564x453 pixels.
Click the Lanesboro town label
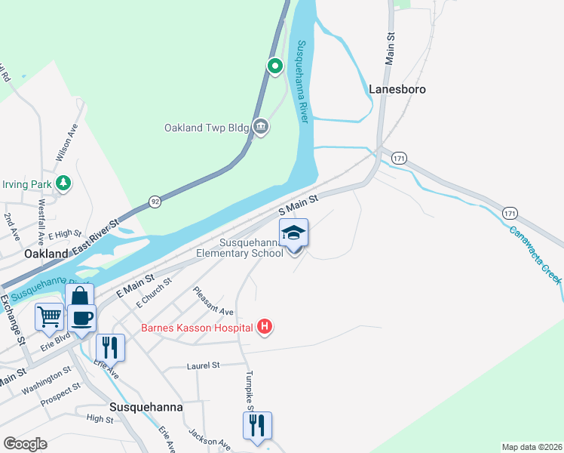[x=397, y=89]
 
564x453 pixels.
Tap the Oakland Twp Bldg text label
[x=207, y=128]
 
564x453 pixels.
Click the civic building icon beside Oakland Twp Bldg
[x=261, y=126]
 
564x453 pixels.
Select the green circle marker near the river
[x=276, y=66]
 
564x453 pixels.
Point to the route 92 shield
[x=154, y=202]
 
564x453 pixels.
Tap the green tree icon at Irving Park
[x=65, y=183]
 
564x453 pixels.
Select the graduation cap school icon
[x=293, y=233]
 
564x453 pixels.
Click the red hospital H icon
[x=265, y=327]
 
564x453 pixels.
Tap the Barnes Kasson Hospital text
[x=198, y=328]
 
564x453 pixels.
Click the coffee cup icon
[x=81, y=318]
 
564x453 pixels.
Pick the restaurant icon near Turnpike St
[x=257, y=425]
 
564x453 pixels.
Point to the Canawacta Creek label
[x=535, y=254]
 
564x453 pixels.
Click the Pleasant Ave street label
[x=213, y=300]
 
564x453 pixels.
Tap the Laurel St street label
[x=202, y=365]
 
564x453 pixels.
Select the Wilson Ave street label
[x=67, y=143]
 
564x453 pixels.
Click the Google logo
[x=25, y=443]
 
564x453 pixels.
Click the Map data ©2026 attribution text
[x=531, y=446]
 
